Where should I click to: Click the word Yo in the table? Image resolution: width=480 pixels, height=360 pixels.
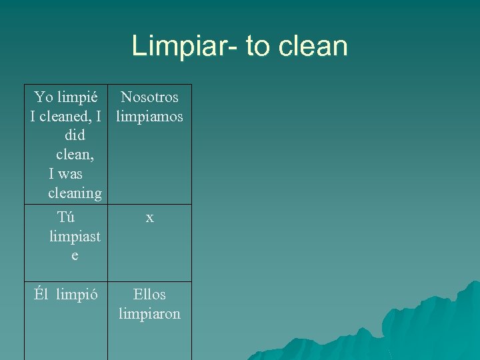[x=44, y=97]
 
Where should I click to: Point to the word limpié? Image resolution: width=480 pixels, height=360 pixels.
[x=79, y=97]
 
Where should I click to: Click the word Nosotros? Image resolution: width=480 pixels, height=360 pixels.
[x=149, y=97]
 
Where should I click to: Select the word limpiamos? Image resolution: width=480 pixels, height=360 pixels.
[x=149, y=117]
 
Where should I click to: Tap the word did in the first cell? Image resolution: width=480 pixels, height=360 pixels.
[x=74, y=135]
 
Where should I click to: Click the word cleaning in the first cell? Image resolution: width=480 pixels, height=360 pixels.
[x=75, y=193]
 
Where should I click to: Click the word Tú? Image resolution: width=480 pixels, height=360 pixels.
[x=66, y=217]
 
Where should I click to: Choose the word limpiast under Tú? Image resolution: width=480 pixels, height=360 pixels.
[x=75, y=237]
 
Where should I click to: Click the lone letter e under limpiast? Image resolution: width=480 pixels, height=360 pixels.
[x=74, y=256]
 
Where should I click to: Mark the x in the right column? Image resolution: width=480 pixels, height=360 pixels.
[x=149, y=217]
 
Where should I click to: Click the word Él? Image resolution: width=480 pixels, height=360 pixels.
[x=43, y=295]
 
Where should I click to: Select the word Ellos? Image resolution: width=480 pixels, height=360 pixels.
[x=149, y=294]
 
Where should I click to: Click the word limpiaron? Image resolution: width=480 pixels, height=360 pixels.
[x=149, y=313]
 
